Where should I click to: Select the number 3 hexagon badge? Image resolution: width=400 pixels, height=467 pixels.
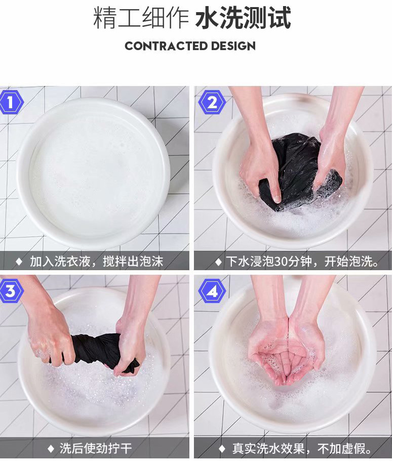tap(11, 291)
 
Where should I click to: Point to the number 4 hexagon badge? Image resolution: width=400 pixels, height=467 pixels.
tap(212, 291)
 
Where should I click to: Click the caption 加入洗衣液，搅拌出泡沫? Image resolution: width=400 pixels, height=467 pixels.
tap(96, 262)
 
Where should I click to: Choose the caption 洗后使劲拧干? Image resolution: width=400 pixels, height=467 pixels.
tap(96, 448)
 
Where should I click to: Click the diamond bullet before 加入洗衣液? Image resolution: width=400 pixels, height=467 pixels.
tap(19, 262)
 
